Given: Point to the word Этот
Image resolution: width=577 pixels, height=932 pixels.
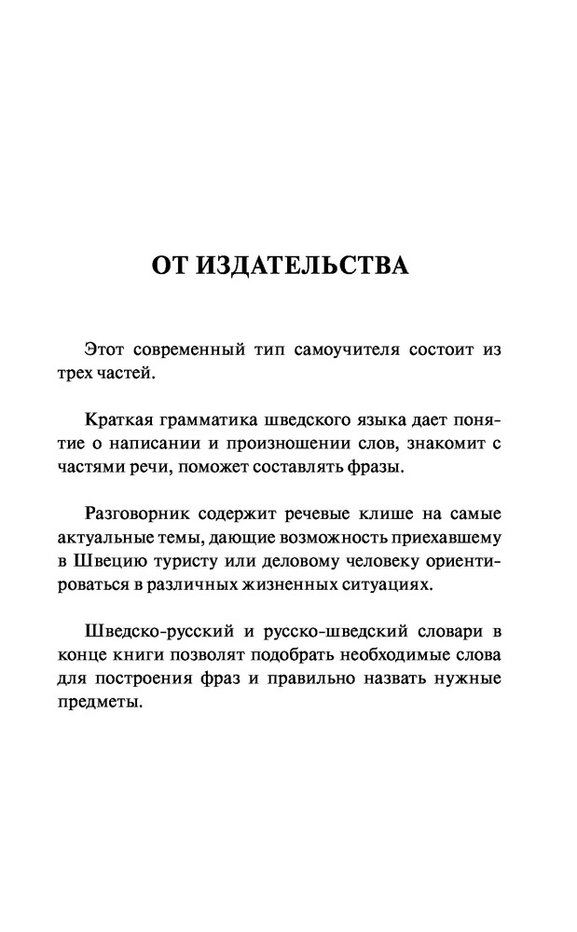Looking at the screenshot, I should pos(105,349).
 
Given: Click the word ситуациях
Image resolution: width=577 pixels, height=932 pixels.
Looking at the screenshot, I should pos(391,584).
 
